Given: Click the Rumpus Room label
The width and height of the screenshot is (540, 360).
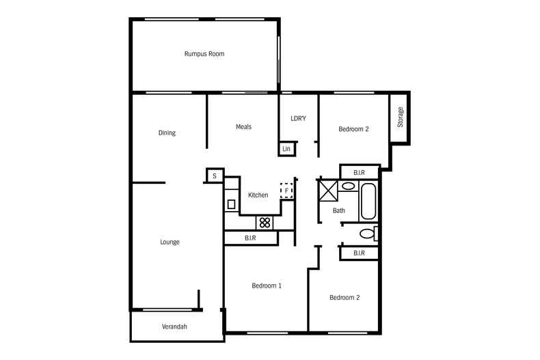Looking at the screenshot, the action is [204, 54].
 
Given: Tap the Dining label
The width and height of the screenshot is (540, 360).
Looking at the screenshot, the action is [167, 133].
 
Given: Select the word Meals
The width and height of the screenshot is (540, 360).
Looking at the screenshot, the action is [243, 126].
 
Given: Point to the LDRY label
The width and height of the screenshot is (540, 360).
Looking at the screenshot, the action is [298, 118].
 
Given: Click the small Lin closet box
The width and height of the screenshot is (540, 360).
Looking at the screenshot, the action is [287, 149].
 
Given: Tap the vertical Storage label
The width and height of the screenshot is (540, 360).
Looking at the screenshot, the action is [400, 117].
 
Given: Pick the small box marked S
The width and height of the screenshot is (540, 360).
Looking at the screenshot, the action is [215, 176].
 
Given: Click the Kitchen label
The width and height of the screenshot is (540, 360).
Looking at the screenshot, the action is [258, 195].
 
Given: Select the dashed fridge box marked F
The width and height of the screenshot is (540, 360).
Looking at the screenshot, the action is [286, 191].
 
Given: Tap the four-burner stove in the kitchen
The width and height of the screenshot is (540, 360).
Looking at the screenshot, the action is [265, 223].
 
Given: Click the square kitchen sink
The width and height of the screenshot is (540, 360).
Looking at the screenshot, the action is [232, 204].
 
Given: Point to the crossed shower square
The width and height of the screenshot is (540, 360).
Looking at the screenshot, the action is [329, 190].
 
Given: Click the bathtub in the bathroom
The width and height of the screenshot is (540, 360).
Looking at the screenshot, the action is [368, 202].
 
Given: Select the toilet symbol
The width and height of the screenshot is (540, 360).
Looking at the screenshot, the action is [368, 234].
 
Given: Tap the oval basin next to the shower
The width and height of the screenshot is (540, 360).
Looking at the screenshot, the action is [348, 186].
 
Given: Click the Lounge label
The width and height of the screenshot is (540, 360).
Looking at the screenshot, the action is [170, 242].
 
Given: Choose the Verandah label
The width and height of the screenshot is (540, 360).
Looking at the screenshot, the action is [174, 327].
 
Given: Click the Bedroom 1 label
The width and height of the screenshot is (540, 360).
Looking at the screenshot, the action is [267, 286].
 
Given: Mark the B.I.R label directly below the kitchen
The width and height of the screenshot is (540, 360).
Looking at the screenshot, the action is [250, 238].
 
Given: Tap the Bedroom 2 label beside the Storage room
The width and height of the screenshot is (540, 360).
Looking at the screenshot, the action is [353, 129].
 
